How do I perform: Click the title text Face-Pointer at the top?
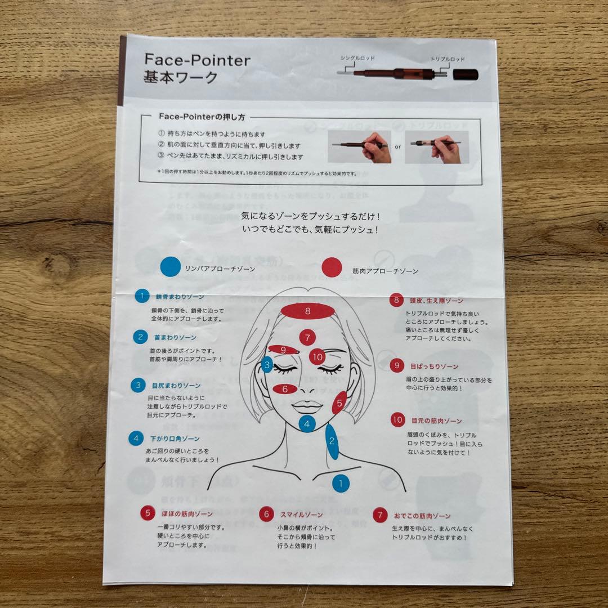click(197, 60)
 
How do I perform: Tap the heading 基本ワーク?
click(180, 78)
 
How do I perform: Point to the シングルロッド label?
click(357, 58)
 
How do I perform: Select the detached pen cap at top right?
click(465, 75)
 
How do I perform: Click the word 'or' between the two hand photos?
click(397, 147)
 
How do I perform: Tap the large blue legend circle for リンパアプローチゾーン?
click(170, 267)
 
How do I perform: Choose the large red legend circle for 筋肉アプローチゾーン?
click(332, 267)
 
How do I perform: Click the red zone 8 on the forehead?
click(308, 310)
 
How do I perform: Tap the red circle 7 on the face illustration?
click(307, 338)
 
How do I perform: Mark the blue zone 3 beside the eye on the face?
click(267, 365)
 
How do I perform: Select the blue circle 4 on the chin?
click(307, 423)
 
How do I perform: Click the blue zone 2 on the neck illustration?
click(332, 441)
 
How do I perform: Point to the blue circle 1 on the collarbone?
click(341, 482)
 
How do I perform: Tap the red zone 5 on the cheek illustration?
click(339, 403)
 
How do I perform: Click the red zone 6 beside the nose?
click(285, 389)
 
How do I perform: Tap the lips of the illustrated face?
click(307, 405)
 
